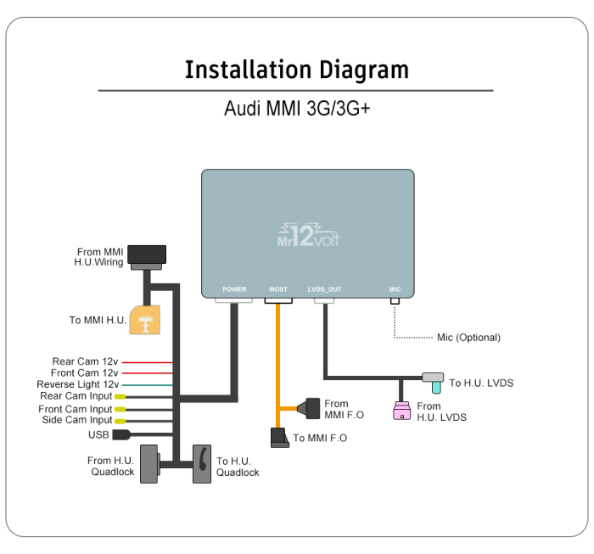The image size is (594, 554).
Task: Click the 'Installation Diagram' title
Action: [x=296, y=70]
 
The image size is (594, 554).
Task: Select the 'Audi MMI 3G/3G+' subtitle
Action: [x=296, y=109]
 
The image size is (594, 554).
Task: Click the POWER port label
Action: [x=234, y=289]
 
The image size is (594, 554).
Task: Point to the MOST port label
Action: [x=278, y=289]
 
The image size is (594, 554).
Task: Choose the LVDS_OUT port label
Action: [x=324, y=289]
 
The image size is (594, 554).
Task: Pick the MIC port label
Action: [x=395, y=289]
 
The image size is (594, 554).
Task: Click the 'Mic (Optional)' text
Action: [x=468, y=338]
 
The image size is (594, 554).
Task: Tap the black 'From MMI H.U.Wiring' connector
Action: [x=146, y=254]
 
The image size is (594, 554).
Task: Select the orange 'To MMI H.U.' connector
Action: [x=147, y=321]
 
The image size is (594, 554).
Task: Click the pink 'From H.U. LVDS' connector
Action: [x=402, y=411]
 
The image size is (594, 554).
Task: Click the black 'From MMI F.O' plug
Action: [x=311, y=407]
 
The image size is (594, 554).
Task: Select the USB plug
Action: [x=120, y=435]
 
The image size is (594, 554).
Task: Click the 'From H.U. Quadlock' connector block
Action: [x=149, y=464]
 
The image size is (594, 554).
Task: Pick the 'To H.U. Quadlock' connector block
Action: [x=202, y=464]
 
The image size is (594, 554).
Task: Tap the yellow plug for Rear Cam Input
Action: [x=120, y=396]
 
